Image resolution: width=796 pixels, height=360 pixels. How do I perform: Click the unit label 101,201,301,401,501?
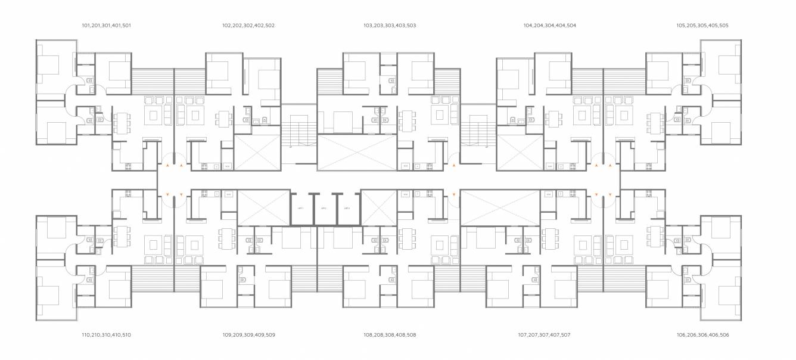pos(106,26)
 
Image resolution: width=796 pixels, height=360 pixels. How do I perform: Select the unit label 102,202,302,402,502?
pos(248,26)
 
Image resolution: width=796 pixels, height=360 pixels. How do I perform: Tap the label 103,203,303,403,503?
pos(390,26)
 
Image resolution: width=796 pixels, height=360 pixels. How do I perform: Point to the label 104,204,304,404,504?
pos(549,26)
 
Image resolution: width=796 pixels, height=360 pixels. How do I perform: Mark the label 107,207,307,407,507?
pos(544,335)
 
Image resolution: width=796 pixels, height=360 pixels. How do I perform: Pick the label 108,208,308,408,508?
pos(390,335)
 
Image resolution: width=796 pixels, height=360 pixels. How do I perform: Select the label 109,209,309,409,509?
pos(248,335)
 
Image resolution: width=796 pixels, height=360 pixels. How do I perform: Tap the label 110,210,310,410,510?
pos(106,335)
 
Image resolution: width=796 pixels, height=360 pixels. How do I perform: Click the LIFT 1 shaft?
pos(301,209)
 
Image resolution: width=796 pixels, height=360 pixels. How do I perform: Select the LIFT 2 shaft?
pos(324,209)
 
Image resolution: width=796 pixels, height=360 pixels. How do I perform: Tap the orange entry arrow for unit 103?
pos(454,163)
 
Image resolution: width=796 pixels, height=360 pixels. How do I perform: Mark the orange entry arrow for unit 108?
pos(454,194)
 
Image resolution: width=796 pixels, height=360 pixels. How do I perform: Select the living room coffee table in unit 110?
pos(153,244)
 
